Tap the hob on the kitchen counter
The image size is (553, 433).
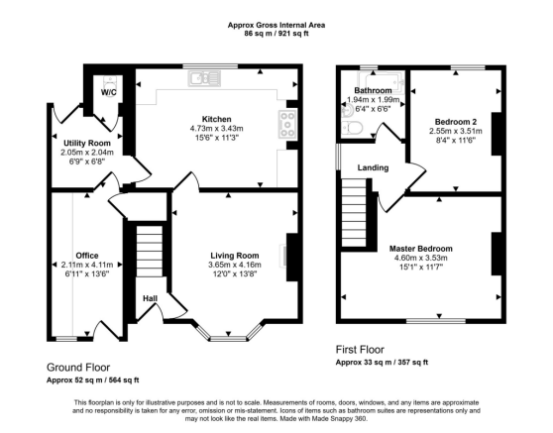point(288,124)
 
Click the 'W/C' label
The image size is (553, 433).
point(108,92)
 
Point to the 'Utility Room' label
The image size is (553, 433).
point(85,143)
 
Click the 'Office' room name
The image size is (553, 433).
point(87,255)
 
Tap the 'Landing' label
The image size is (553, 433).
point(373,167)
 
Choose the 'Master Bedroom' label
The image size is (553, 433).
point(421,248)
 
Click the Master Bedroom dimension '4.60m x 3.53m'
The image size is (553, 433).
point(421,258)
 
